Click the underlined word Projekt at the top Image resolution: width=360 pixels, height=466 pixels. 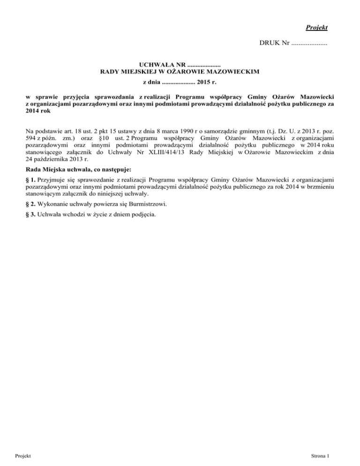click(x=316, y=27)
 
